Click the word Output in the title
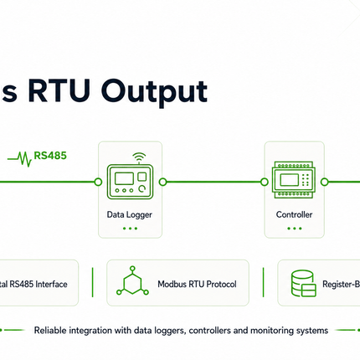(x=154, y=92)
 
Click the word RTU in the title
(x=59, y=90)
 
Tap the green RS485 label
(x=50, y=156)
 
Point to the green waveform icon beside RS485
(x=19, y=159)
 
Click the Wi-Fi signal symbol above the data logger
(x=139, y=157)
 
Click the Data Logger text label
(x=130, y=214)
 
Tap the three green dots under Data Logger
(x=130, y=229)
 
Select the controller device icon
(x=294, y=180)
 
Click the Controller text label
(x=294, y=214)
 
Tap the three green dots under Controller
(x=295, y=229)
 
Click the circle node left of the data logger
(x=98, y=183)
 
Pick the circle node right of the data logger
(x=162, y=183)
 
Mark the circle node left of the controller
(x=265, y=183)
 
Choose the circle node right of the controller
(x=324, y=183)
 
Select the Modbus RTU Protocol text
(x=197, y=284)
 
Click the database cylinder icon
(x=303, y=283)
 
